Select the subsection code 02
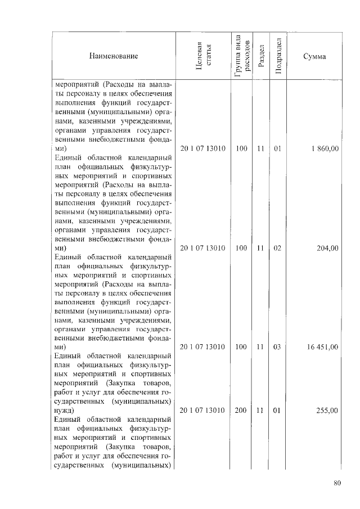point(277,248)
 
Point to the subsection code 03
point(277,348)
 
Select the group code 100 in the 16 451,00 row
point(241,348)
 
